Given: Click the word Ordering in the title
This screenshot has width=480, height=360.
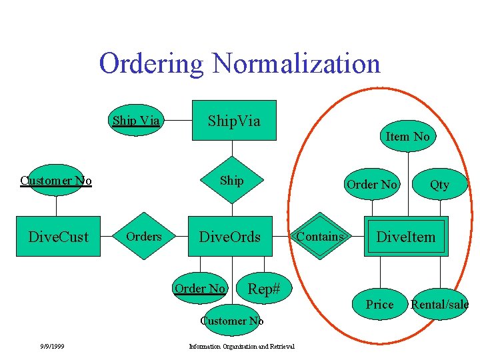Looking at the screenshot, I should [152, 64].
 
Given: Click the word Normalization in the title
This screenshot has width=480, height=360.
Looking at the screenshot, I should [296, 64].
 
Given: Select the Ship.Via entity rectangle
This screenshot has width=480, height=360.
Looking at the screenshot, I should [234, 121].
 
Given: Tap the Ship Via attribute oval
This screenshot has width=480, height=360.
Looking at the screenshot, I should [136, 121].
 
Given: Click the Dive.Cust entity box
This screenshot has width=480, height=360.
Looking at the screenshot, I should [58, 237].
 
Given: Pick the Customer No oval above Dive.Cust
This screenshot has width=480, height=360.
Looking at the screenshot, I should [56, 181].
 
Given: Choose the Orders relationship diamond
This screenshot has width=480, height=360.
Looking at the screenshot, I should [144, 237].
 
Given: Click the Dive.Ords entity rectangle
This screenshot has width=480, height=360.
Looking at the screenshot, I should [230, 237].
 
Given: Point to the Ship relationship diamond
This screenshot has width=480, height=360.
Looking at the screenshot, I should [231, 181].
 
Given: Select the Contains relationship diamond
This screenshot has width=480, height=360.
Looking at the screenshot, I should [321, 237].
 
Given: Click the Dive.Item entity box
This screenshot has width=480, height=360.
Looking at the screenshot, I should [406, 237].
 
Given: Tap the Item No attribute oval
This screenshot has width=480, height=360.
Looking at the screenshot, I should [408, 137].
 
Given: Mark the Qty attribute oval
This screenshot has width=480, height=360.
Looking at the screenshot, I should [439, 185].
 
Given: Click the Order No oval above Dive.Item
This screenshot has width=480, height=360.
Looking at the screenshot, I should [371, 185].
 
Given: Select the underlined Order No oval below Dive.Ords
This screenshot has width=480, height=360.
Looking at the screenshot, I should [199, 288].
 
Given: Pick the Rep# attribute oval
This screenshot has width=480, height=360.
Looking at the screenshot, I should [263, 288].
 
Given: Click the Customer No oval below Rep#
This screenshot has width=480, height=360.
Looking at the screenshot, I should [232, 321].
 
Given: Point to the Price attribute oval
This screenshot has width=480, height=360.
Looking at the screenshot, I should [380, 304].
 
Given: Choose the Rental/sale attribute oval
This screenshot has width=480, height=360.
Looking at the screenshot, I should [439, 304].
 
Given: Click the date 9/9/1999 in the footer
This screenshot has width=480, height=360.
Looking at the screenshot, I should [51, 346].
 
